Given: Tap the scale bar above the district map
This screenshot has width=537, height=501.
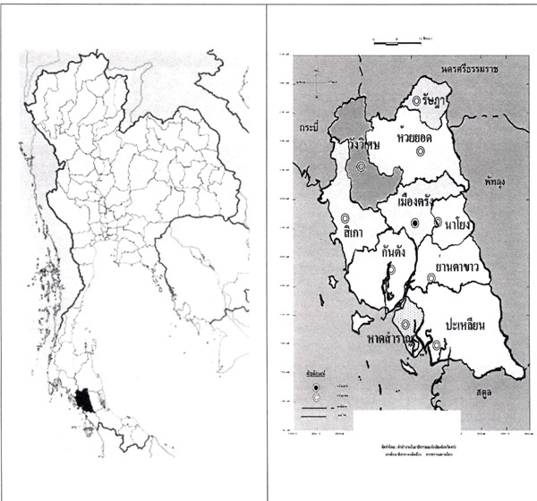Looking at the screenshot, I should tap(395, 41).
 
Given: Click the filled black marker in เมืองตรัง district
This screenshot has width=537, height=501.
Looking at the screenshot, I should tap(414, 222).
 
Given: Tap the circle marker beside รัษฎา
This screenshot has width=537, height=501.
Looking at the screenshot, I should tap(417, 101).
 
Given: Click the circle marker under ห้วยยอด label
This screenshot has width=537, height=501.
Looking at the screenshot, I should tap(419, 151).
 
